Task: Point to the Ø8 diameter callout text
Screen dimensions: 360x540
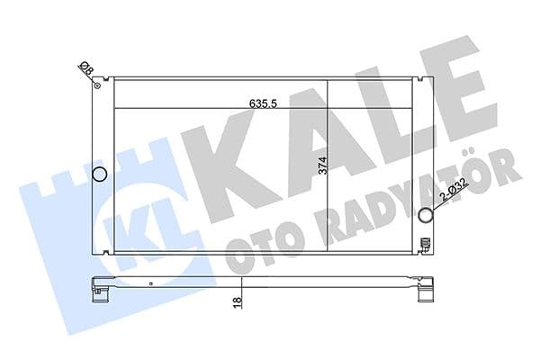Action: click(x=84, y=69)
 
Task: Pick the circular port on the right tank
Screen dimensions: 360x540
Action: click(x=427, y=214)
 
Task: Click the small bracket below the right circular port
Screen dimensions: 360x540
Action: click(x=427, y=240)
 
